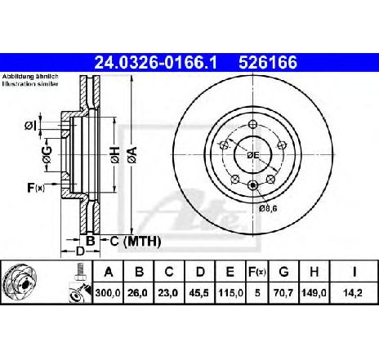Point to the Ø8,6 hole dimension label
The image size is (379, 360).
(269, 208)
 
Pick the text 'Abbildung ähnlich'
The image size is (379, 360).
(26, 76)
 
